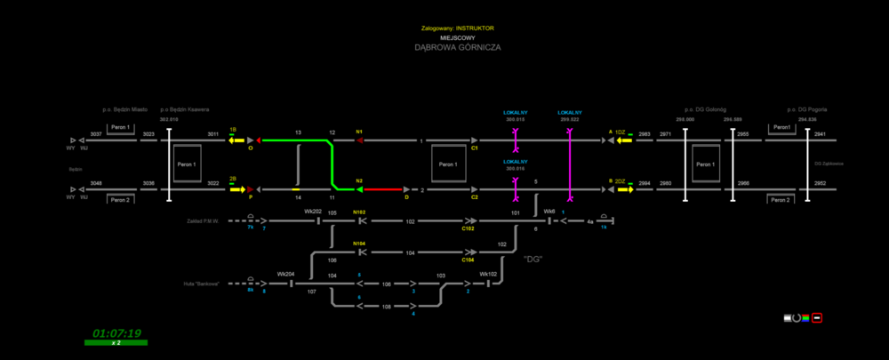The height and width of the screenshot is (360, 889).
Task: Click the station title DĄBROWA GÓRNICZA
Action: (457, 48)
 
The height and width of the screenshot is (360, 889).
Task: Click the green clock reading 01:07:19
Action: (117, 333)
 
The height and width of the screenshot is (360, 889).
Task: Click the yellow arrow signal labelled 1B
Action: (236, 140)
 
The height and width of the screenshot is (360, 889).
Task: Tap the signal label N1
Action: (359, 132)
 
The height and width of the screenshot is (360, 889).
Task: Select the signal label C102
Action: (468, 228)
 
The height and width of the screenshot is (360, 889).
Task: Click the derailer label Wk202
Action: (312, 212)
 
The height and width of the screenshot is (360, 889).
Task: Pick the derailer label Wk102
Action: (488, 275)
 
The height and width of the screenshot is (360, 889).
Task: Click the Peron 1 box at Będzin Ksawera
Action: (187, 164)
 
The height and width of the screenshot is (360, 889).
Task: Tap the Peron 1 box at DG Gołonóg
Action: (705, 164)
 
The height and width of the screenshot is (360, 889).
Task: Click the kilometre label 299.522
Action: (569, 118)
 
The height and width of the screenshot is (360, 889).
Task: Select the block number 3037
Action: (96, 134)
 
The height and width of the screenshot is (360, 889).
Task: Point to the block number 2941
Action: (820, 134)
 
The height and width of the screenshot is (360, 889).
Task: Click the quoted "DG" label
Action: (533, 259)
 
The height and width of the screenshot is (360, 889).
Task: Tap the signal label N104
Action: (359, 244)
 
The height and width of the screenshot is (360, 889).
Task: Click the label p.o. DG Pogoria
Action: (807, 109)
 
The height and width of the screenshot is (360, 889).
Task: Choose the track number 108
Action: (386, 306)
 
